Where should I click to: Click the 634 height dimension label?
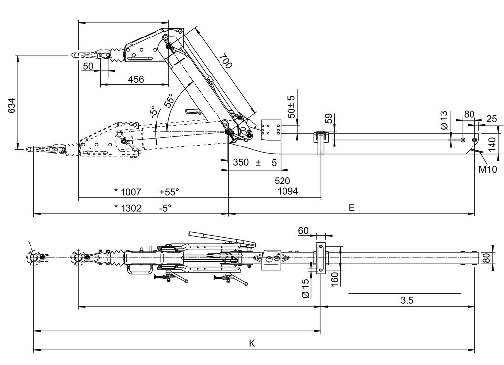(x=12, y=105)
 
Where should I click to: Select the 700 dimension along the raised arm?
(x=225, y=61)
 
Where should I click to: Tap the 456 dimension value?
(x=136, y=79)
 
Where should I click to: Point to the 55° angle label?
(x=169, y=100)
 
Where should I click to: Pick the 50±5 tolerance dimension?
(x=291, y=107)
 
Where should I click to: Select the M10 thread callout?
(x=488, y=169)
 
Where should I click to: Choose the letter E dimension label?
(x=351, y=207)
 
